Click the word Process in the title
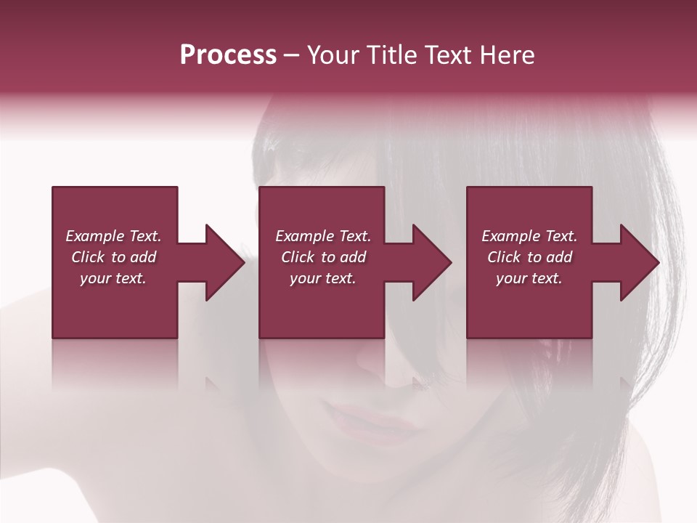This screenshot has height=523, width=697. [228, 55]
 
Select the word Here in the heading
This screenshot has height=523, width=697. [507, 55]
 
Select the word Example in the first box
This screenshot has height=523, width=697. [94, 236]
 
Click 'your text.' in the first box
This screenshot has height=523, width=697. [113, 278]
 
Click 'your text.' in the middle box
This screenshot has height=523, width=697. [322, 278]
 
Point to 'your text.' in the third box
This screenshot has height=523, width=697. [529, 278]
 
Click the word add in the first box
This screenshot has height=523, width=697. [144, 257]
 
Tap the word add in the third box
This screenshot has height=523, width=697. [560, 257]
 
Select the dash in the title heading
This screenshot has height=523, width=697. [292, 55]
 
